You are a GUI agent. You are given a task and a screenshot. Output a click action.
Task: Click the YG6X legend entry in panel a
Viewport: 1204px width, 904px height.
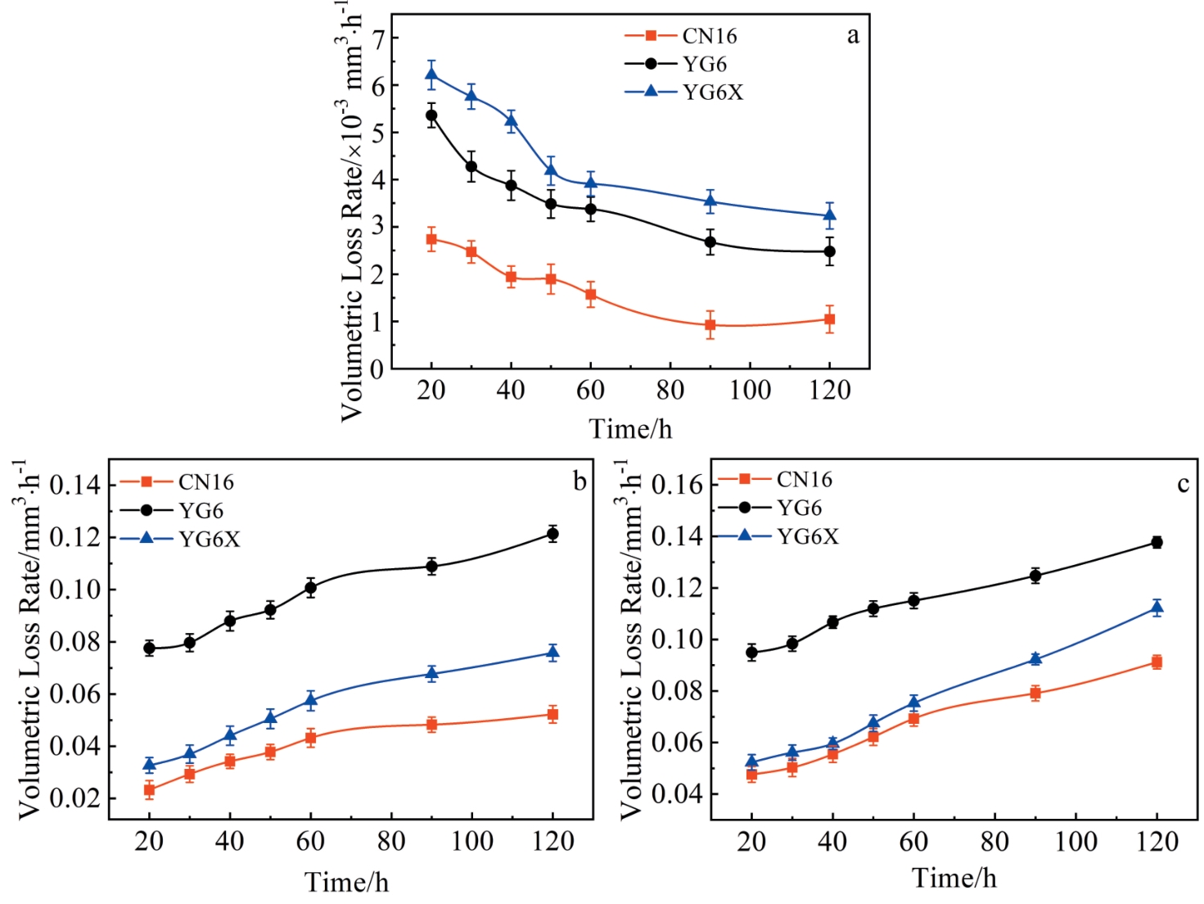tap(712, 92)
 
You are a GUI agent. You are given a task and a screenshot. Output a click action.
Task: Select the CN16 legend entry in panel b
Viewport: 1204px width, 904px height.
tap(205, 482)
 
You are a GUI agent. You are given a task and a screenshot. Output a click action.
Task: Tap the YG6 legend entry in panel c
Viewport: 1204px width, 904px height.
tap(799, 508)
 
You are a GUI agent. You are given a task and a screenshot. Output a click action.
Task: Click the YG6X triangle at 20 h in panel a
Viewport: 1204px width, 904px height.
tap(431, 75)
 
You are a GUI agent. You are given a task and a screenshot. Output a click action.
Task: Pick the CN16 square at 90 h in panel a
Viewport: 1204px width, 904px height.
tap(710, 325)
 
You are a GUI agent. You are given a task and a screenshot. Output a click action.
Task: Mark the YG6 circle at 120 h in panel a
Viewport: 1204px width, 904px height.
tap(830, 251)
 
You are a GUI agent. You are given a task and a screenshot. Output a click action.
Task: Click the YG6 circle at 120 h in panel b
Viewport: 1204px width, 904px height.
tap(553, 534)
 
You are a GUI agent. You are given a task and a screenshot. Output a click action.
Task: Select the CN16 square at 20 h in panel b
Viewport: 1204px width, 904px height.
tap(150, 789)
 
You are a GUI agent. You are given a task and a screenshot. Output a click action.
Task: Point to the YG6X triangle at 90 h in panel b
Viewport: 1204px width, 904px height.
tap(432, 673)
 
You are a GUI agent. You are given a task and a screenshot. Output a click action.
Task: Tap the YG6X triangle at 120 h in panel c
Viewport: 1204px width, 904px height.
tap(1157, 607)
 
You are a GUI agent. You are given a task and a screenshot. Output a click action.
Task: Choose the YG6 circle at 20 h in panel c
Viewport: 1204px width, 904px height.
tap(752, 653)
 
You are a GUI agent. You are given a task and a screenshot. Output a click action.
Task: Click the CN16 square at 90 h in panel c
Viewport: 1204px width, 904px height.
tap(1035, 693)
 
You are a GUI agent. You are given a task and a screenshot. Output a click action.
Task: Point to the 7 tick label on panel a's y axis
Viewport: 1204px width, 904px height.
tap(377, 38)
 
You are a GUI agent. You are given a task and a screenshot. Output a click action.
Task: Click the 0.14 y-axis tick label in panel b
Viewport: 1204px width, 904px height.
tap(75, 485)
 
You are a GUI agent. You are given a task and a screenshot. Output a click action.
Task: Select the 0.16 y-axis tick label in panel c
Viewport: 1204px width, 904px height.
tap(677, 485)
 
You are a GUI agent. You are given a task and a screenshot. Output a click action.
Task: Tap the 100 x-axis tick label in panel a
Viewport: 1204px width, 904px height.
tap(750, 390)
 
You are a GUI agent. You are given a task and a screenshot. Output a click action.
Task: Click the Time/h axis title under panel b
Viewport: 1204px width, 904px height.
tap(346, 882)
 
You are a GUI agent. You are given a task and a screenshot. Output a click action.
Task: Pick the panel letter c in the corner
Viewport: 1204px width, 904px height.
tap(1183, 484)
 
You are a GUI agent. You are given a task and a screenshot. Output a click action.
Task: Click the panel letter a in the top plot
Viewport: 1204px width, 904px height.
tap(853, 35)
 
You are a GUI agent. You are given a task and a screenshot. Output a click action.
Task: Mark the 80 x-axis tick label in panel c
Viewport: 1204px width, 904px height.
tap(994, 842)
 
